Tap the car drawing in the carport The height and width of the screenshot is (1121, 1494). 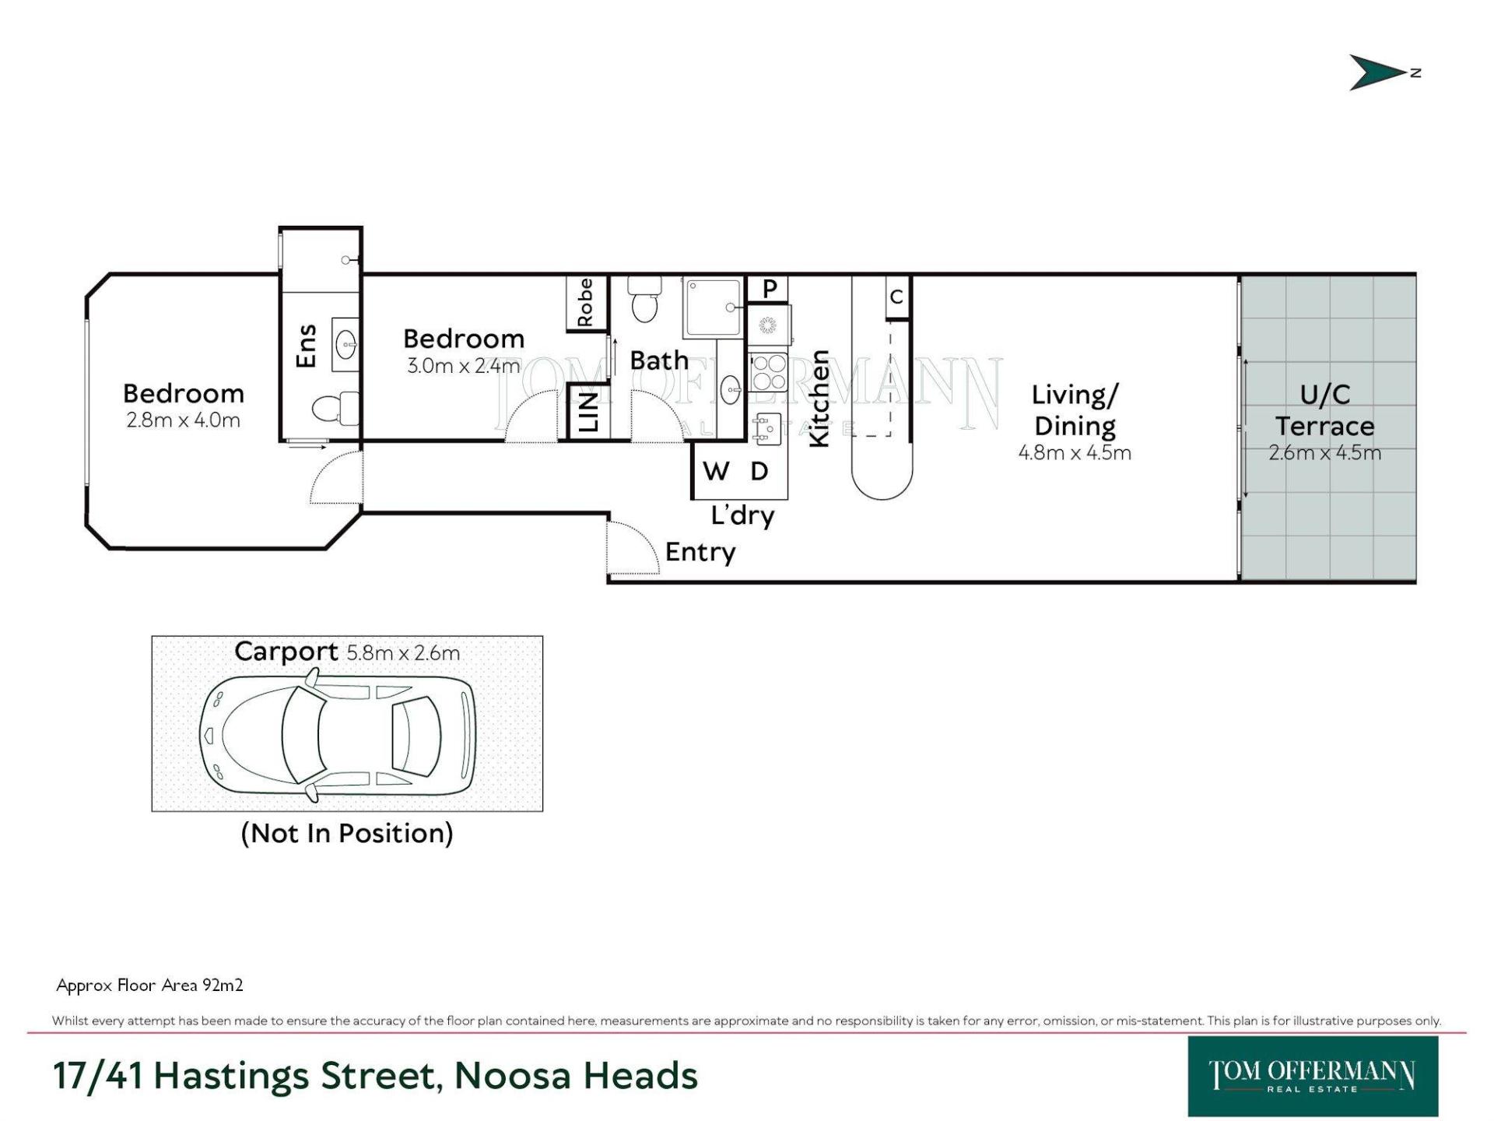click(x=338, y=734)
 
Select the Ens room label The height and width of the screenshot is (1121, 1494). click(x=307, y=346)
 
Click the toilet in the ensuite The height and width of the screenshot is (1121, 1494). click(x=335, y=407)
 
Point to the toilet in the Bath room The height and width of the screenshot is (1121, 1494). click(x=644, y=298)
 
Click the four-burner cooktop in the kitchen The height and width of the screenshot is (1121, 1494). click(x=769, y=371)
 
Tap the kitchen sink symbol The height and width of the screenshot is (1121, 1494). click(x=767, y=428)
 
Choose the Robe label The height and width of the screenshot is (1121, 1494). click(x=585, y=303)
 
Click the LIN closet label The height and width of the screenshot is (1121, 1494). click(x=589, y=412)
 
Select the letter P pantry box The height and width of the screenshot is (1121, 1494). click(x=769, y=289)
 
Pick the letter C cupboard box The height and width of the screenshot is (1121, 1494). click(x=897, y=297)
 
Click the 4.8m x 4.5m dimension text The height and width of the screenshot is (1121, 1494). click(x=1075, y=452)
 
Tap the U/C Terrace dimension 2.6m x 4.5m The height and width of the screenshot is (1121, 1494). click(x=1324, y=452)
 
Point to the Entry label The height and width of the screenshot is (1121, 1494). click(x=700, y=552)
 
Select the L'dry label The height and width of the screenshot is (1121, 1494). click(x=742, y=515)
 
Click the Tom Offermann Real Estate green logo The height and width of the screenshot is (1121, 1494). click(x=1313, y=1076)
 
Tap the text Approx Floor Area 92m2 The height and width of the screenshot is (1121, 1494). click(x=150, y=986)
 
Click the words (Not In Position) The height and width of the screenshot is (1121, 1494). click(x=347, y=833)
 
